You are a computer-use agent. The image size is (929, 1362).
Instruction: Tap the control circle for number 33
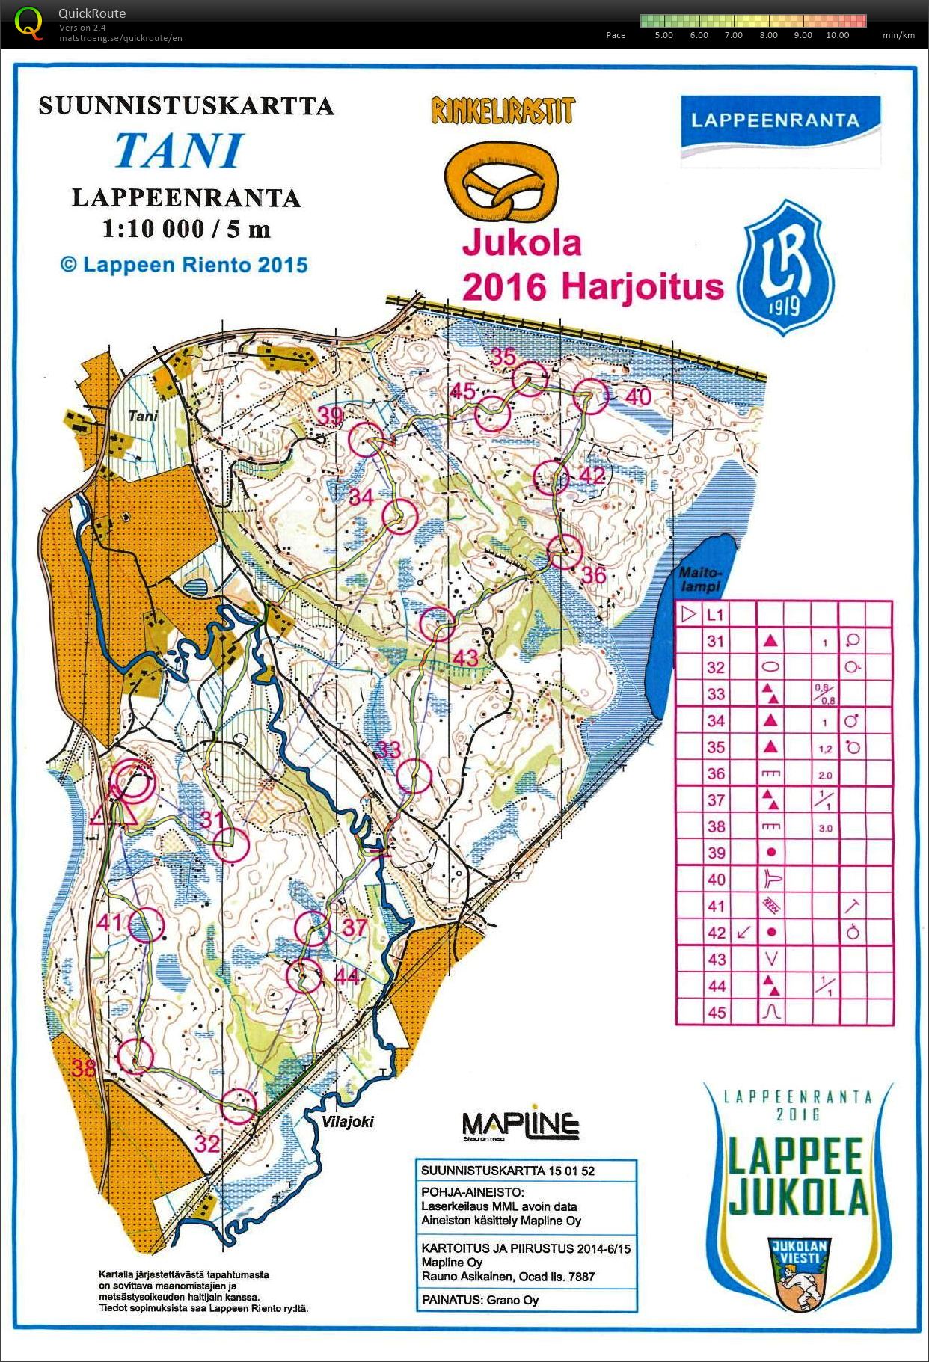click(414, 776)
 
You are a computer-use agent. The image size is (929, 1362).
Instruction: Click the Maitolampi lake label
click(699, 580)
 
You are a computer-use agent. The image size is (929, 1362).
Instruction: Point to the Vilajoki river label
click(349, 1122)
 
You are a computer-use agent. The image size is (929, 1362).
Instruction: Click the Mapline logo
click(520, 1124)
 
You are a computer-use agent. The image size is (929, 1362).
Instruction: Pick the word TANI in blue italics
click(180, 150)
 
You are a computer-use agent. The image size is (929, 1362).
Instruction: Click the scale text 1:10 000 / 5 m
click(186, 229)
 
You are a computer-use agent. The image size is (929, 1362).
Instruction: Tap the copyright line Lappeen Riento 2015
click(184, 265)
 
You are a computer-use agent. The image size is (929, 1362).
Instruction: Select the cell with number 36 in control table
click(716, 774)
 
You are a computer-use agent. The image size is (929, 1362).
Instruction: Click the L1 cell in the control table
click(716, 615)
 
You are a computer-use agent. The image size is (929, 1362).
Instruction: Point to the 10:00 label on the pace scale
click(837, 35)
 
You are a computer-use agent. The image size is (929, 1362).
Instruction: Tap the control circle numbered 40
click(591, 396)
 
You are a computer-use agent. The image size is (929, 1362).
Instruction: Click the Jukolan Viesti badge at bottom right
click(798, 1269)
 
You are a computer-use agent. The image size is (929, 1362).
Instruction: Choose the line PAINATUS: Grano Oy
click(480, 1300)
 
